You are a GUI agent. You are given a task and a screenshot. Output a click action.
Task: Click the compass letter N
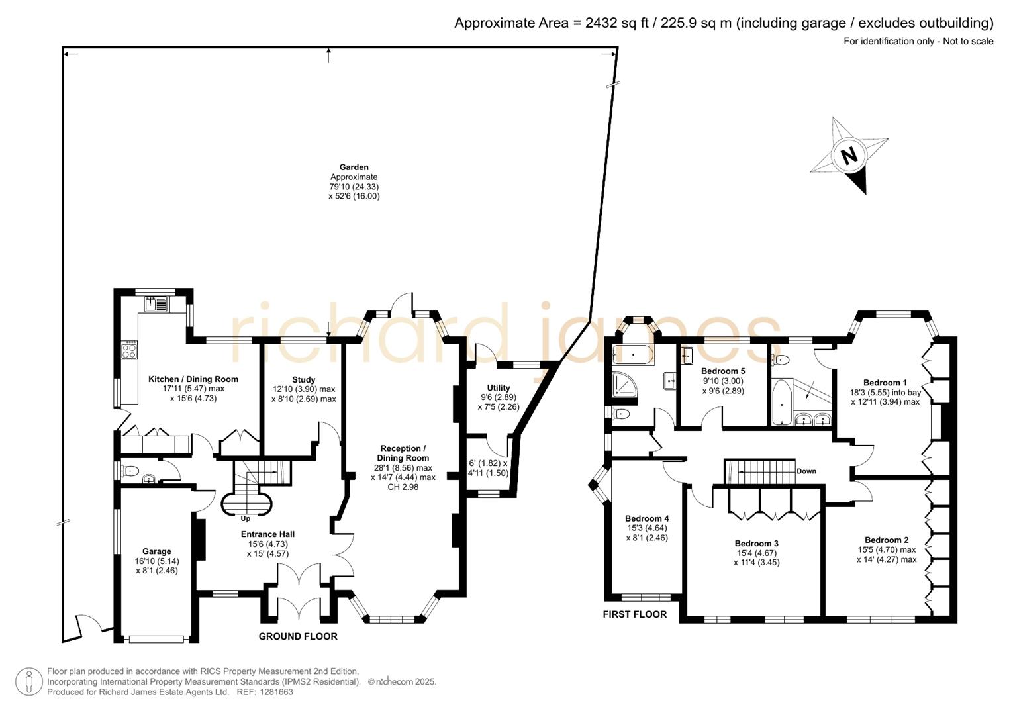click(x=849, y=156)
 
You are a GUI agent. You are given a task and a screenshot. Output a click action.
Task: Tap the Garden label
click(x=354, y=167)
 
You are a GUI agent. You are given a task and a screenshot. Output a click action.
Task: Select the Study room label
click(x=303, y=380)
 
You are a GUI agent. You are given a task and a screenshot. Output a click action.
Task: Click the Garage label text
click(x=157, y=551)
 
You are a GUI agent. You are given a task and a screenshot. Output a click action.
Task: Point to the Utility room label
click(x=499, y=388)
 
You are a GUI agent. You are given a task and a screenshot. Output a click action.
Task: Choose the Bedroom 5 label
click(x=723, y=371)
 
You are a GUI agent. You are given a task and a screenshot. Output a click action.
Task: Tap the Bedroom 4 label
click(x=647, y=518)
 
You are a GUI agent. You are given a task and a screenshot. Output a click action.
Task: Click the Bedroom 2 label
click(x=887, y=540)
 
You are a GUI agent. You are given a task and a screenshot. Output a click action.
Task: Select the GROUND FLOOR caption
click(x=298, y=636)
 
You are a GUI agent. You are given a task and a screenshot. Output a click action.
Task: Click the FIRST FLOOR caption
click(x=634, y=614)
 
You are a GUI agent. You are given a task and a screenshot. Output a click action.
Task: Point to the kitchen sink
click(x=156, y=304)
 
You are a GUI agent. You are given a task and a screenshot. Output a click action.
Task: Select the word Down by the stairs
click(x=806, y=471)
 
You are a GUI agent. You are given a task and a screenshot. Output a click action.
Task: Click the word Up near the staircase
click(x=246, y=518)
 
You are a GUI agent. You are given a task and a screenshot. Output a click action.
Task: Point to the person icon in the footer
click(x=28, y=681)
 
